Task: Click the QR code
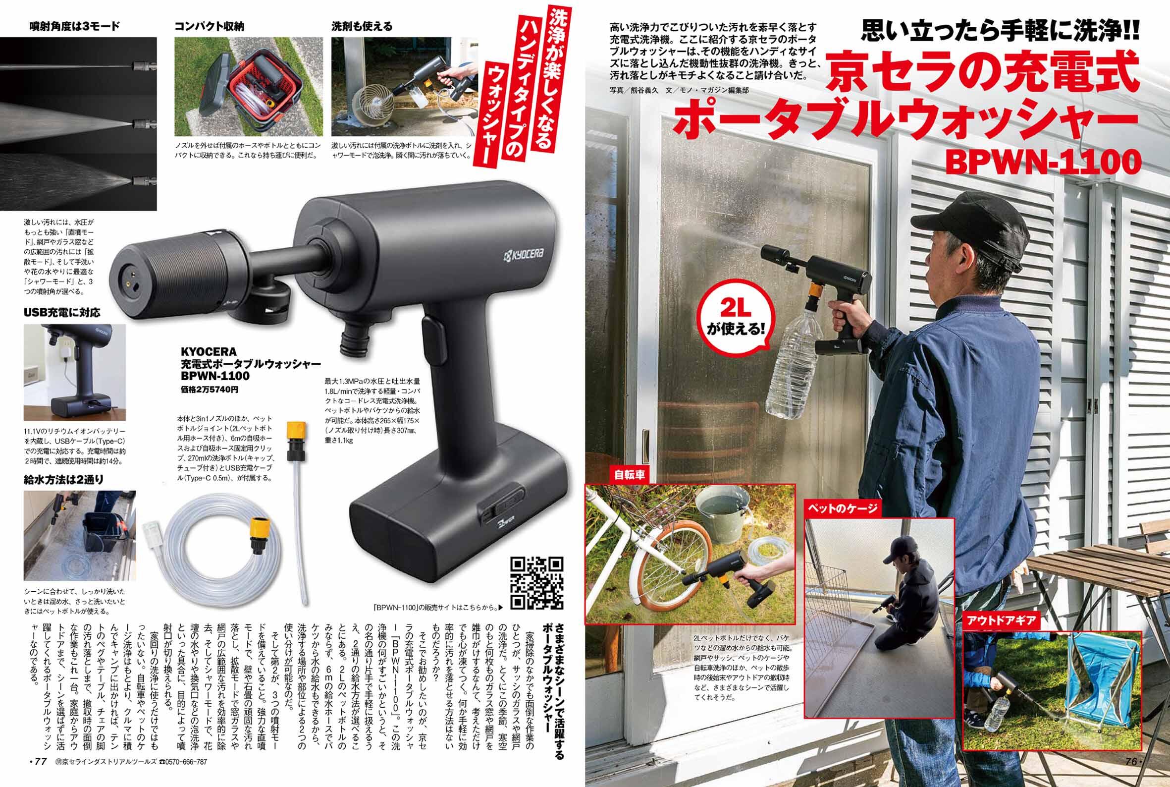(x=536, y=582)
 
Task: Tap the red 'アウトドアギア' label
(x=1001, y=620)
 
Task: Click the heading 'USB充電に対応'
(x=62, y=312)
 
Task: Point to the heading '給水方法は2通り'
(x=64, y=479)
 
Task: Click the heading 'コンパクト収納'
(x=209, y=26)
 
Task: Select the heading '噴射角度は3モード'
(x=75, y=26)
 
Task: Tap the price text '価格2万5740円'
(x=210, y=389)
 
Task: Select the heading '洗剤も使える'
(x=362, y=26)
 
